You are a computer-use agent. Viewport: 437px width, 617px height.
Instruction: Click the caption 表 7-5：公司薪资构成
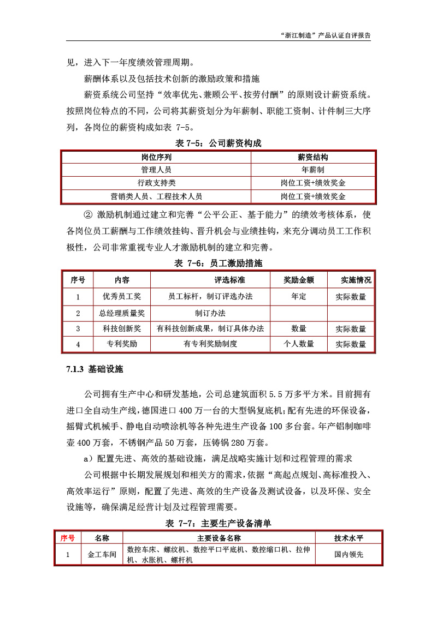(x=218, y=143)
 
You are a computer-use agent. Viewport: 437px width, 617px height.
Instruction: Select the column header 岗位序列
(x=156, y=157)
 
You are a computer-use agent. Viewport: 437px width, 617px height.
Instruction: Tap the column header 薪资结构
(x=313, y=157)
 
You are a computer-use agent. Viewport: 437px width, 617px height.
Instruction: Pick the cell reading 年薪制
(x=313, y=170)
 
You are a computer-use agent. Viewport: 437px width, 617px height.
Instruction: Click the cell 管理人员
(x=156, y=170)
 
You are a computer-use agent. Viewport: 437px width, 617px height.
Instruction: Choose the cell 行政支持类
(x=156, y=183)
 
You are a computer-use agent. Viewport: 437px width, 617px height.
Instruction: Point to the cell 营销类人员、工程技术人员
(x=156, y=196)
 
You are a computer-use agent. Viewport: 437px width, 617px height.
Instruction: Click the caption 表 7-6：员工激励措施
(x=218, y=263)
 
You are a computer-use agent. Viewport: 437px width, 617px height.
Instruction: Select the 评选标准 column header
(x=229, y=280)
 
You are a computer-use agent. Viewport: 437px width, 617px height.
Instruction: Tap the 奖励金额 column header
(x=299, y=280)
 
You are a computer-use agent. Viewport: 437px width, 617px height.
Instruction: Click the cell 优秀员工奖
(x=122, y=297)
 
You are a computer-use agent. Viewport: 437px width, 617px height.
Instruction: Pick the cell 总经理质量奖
(x=122, y=313)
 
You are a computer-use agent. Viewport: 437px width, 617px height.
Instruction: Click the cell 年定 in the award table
(x=299, y=297)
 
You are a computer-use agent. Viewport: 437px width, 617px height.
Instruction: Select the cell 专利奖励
(x=122, y=344)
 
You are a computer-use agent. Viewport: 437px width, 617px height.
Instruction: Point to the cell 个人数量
(x=299, y=344)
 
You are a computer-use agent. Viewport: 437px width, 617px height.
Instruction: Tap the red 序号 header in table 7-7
(x=67, y=538)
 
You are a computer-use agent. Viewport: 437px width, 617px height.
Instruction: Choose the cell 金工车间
(x=102, y=554)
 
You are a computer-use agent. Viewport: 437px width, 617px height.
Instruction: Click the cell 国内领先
(x=349, y=554)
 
